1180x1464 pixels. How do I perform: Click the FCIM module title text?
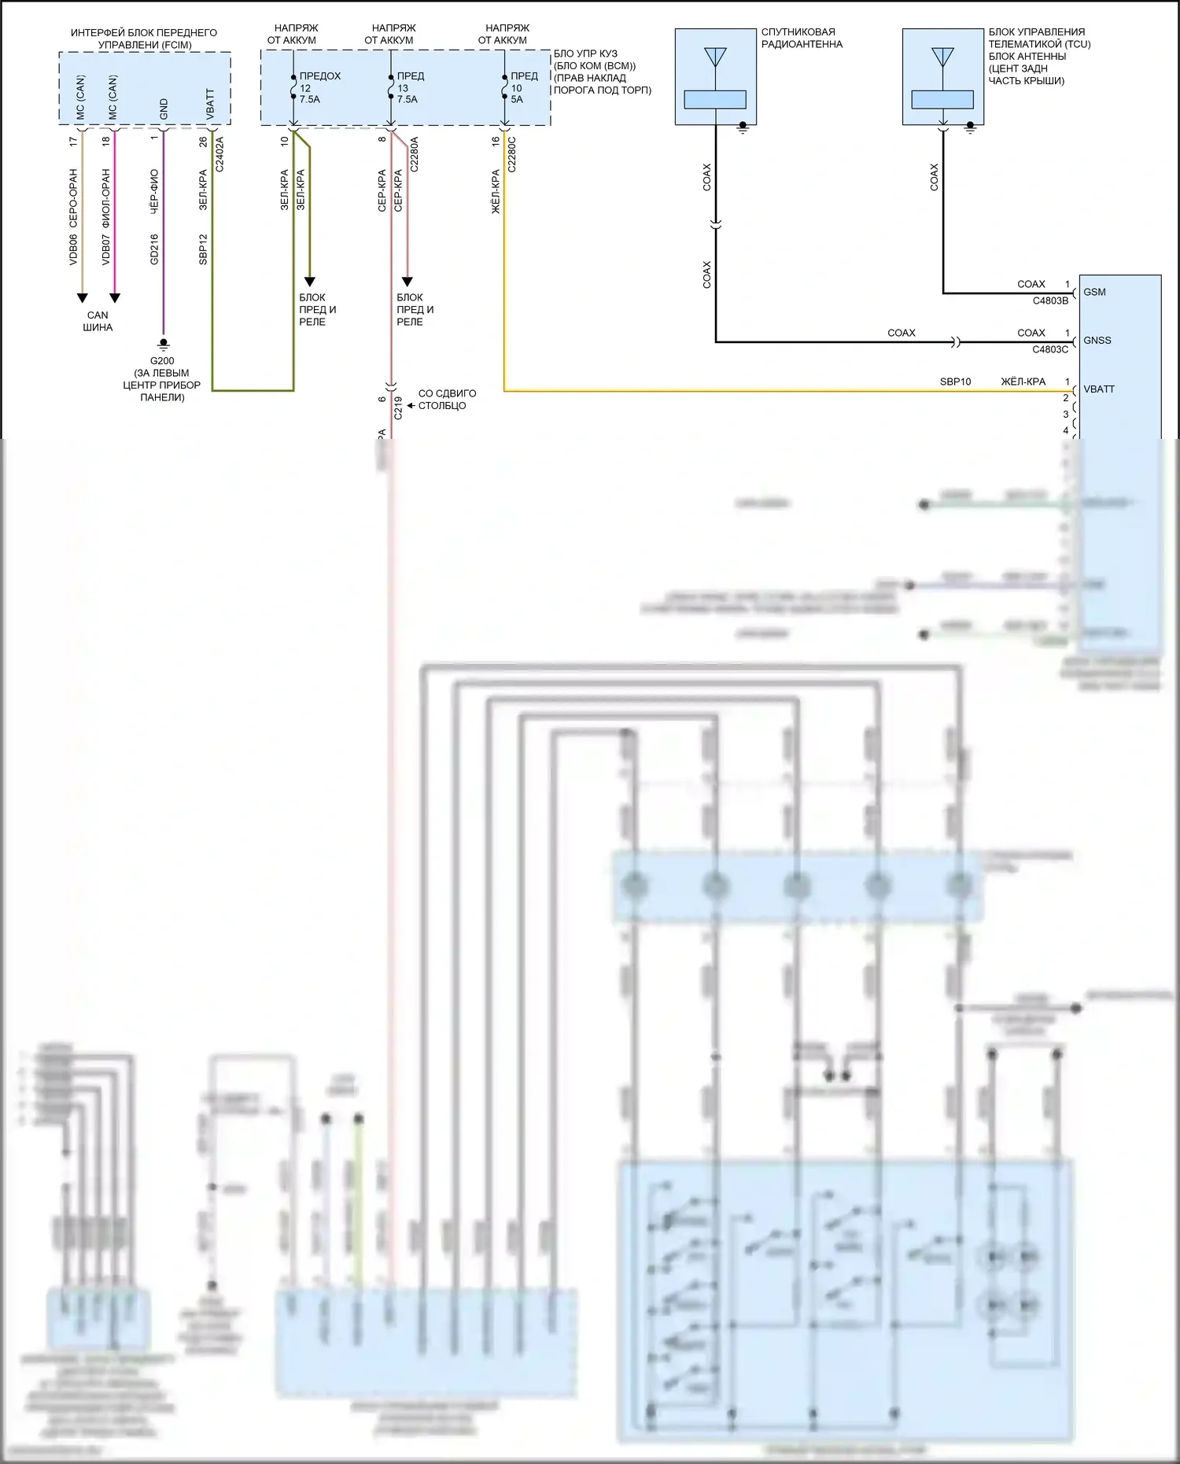click(144, 39)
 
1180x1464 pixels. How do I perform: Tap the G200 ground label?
click(162, 361)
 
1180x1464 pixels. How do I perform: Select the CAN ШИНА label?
click(98, 321)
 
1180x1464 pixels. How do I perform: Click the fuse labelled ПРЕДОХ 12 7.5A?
click(319, 87)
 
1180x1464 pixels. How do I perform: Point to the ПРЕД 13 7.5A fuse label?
click(409, 87)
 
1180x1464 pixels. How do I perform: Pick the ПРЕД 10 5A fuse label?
click(523, 87)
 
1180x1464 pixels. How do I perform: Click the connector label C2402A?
click(220, 154)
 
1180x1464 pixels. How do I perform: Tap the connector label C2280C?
click(512, 154)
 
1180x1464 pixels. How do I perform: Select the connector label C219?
click(398, 407)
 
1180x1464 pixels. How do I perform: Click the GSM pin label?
click(1094, 292)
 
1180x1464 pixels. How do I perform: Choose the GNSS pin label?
click(1097, 341)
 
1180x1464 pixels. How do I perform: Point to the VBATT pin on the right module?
click(1098, 389)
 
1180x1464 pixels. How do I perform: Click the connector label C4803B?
click(1050, 301)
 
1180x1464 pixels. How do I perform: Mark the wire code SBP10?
click(955, 382)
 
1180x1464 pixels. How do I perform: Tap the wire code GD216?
click(154, 249)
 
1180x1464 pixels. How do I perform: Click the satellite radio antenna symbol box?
click(715, 77)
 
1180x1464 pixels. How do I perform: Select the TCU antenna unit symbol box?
click(942, 77)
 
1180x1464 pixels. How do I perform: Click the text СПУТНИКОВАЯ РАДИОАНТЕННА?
click(801, 39)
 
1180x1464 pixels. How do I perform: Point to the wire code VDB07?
click(106, 249)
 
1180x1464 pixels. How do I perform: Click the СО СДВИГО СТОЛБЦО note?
click(446, 400)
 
